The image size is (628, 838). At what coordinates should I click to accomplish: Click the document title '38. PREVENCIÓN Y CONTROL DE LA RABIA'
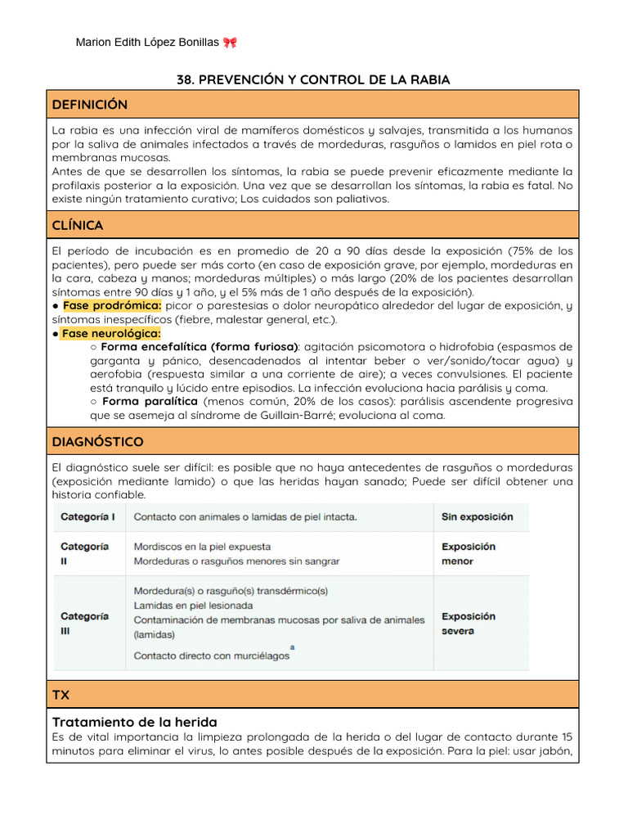click(x=313, y=79)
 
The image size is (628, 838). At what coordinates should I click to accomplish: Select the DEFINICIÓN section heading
click(x=90, y=105)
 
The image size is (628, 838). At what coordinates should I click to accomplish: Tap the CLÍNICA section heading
click(x=78, y=225)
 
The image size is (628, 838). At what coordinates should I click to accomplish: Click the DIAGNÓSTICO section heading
click(x=97, y=442)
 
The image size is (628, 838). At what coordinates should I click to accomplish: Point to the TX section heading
click(x=61, y=695)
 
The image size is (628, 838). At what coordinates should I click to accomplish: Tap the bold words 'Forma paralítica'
click(x=150, y=402)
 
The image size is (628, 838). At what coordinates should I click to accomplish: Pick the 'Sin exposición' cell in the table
click(x=478, y=517)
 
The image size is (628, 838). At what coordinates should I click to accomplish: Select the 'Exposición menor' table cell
click(x=469, y=554)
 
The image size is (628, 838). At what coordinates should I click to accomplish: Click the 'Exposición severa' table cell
click(x=469, y=624)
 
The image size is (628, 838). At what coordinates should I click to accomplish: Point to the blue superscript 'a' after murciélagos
click(x=292, y=647)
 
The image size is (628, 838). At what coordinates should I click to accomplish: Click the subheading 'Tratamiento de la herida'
click(x=135, y=722)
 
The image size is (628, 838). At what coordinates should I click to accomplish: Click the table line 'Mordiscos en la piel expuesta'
click(x=202, y=547)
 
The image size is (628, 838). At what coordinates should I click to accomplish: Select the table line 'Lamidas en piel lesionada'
click(x=193, y=606)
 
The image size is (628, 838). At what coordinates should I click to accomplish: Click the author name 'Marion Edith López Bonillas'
click(x=147, y=43)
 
